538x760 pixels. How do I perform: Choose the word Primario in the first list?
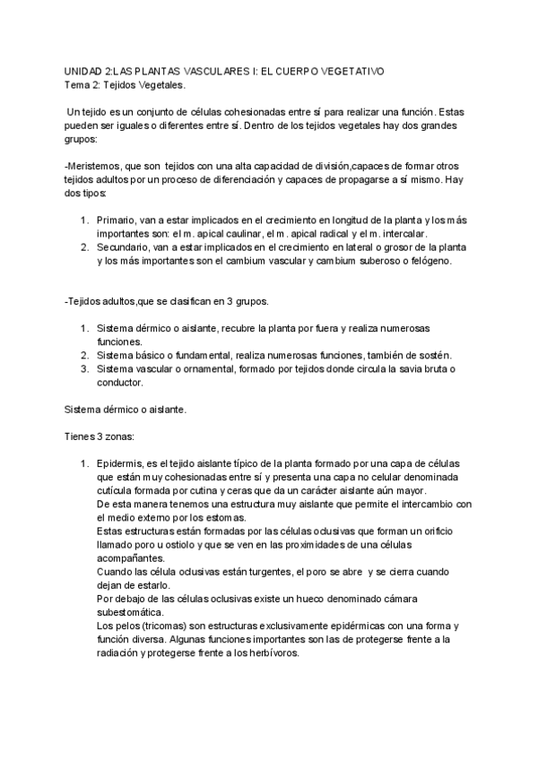tap(117, 220)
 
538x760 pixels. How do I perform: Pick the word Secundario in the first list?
tap(125, 247)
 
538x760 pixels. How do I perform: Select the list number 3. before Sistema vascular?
tap(84, 369)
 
